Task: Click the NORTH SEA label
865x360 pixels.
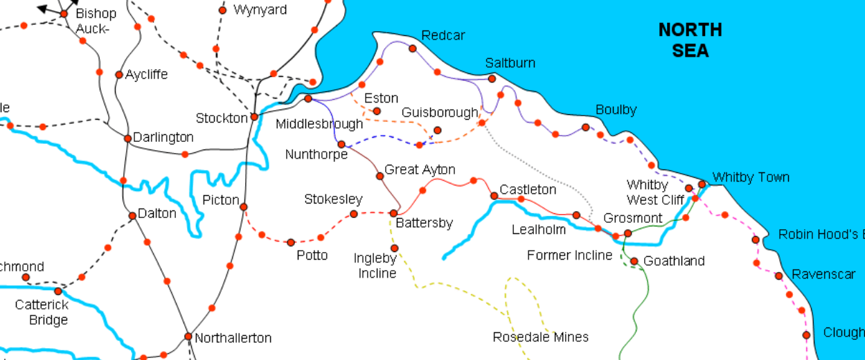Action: coord(690,40)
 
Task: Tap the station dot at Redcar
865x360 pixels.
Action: coord(413,48)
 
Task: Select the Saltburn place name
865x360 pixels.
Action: coord(510,63)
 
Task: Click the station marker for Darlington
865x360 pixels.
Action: coord(127,138)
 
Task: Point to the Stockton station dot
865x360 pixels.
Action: coord(254,117)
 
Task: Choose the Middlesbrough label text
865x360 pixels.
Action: coord(319,125)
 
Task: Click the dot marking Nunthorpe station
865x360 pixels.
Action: coord(341,145)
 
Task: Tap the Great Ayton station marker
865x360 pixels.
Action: coord(380,176)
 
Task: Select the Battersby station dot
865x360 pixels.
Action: coord(393,213)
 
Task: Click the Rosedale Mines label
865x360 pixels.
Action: coord(540,337)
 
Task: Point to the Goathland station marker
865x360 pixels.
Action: coord(634,261)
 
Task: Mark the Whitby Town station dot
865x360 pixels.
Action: coord(702,184)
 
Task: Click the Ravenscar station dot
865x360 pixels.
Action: coord(778,276)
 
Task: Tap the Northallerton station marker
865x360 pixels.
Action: coord(188,336)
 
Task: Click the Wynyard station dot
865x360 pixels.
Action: coord(222,10)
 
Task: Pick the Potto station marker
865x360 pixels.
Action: coord(291,242)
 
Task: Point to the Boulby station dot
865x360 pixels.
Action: coord(585,127)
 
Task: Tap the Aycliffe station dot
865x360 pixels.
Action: coord(118,75)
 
